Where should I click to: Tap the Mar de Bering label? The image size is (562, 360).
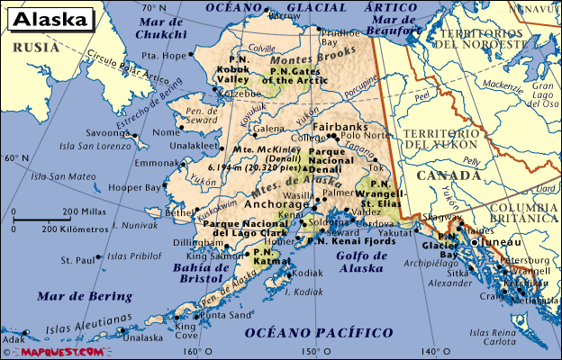(85, 296)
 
